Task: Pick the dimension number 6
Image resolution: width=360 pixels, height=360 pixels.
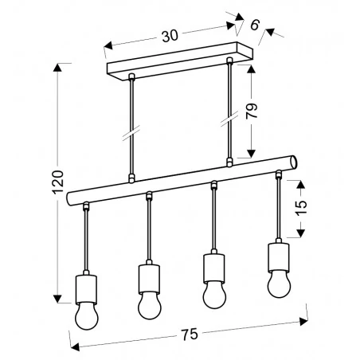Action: point(254,25)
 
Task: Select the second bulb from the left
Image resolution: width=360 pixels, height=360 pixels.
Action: point(149,304)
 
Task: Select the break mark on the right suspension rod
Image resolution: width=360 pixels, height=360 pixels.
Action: point(230,118)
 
